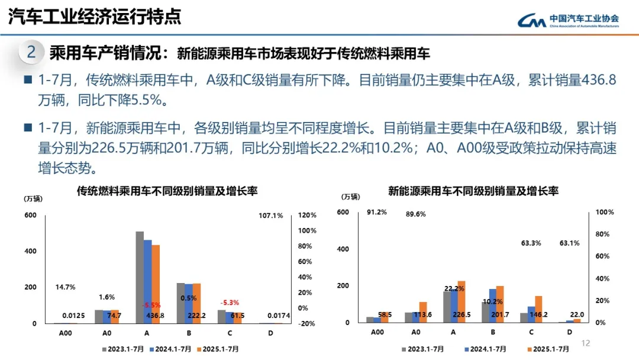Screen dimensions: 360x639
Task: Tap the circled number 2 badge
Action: (31, 52)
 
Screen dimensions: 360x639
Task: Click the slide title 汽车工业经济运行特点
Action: (95, 17)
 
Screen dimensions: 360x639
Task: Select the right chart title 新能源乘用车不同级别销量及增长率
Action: (473, 191)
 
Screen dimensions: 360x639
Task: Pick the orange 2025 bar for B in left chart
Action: (197, 303)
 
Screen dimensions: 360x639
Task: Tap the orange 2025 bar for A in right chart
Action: (461, 301)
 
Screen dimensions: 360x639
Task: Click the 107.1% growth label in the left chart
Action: (271, 216)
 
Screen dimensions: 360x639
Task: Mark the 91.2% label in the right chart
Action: (377, 213)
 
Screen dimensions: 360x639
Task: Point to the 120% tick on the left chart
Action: (309, 216)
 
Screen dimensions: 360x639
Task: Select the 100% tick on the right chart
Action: (605, 212)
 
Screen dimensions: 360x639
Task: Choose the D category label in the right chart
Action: (569, 333)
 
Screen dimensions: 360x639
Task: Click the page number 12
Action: (586, 343)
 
